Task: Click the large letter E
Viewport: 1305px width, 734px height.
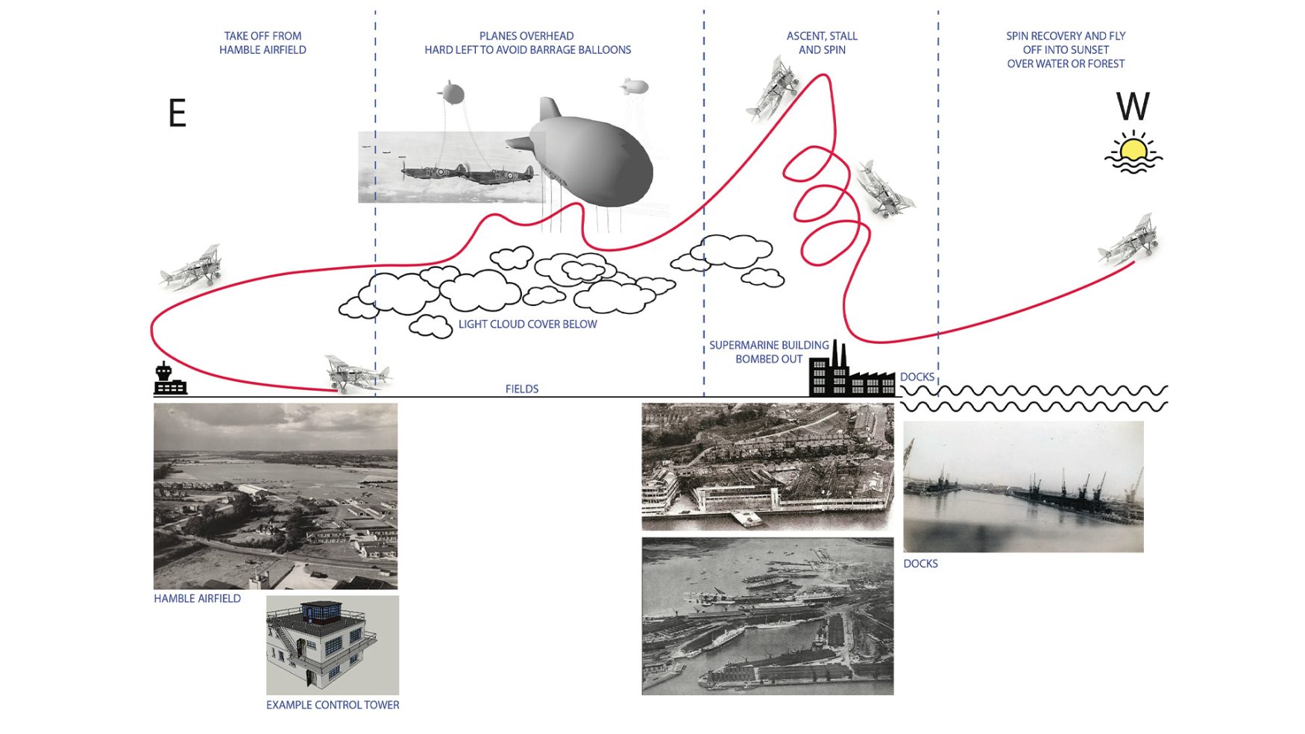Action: [x=177, y=113]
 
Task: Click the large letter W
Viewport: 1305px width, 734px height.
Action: [x=1133, y=106]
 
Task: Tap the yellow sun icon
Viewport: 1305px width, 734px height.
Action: [x=1133, y=151]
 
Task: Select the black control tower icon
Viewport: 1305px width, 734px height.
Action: [x=170, y=378]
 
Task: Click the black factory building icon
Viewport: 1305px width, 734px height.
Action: [x=852, y=369]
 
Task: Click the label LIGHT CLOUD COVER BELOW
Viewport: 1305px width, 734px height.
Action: [x=527, y=324]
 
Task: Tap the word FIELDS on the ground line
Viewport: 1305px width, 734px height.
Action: [x=522, y=389]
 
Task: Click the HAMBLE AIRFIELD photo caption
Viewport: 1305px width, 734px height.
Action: [x=198, y=598]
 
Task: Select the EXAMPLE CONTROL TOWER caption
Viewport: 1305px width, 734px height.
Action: [x=333, y=705]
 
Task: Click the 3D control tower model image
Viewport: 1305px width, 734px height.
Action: [x=333, y=645]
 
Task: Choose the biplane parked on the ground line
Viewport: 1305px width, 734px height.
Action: [x=357, y=374]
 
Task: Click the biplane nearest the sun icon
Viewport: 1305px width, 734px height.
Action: [x=1128, y=240]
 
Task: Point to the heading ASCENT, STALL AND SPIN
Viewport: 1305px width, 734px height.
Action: [x=822, y=43]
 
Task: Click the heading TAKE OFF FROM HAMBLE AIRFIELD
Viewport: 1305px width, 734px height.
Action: [x=262, y=43]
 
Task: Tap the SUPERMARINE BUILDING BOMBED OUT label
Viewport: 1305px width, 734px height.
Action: [x=769, y=352]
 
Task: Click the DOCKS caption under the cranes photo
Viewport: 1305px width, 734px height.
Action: [x=920, y=564]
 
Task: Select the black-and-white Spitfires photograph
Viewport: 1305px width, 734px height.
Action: [x=451, y=167]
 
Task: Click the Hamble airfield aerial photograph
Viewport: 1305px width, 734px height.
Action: [x=275, y=496]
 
